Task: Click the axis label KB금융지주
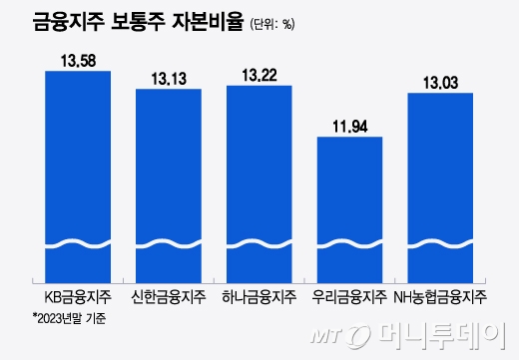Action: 78,296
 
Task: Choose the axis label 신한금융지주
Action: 169,296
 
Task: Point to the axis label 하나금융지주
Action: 259,296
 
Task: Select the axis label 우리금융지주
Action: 349,296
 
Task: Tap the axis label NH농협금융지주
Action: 440,296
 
